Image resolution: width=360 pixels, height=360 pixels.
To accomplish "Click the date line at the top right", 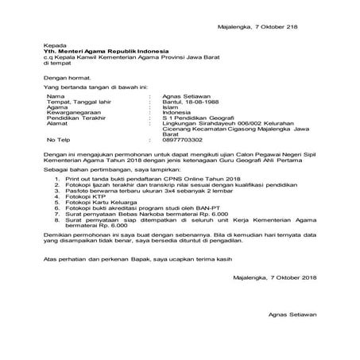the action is [x=257, y=27].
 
